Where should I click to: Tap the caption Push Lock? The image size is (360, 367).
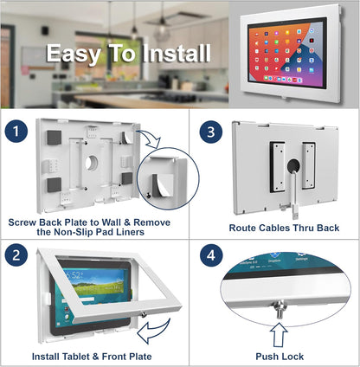[279, 355]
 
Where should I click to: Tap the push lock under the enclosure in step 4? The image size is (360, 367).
[279, 305]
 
